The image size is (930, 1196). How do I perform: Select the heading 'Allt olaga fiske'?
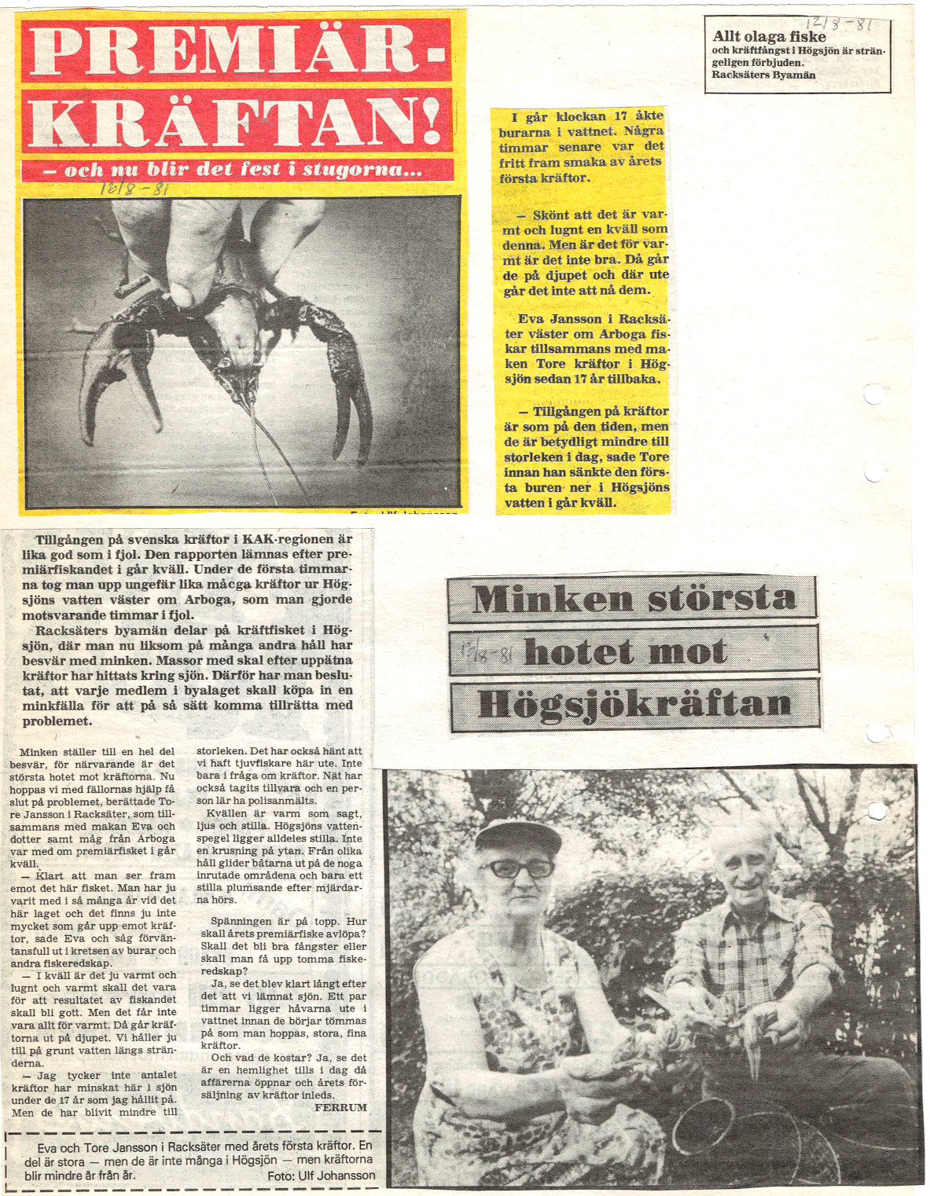769,37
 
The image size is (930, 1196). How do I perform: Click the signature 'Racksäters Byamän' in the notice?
763,75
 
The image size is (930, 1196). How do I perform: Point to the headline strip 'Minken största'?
633,599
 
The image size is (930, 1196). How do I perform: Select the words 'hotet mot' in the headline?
625,652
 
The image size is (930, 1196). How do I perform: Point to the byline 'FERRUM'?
340,1107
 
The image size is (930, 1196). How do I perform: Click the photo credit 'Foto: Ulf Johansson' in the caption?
321,1176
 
